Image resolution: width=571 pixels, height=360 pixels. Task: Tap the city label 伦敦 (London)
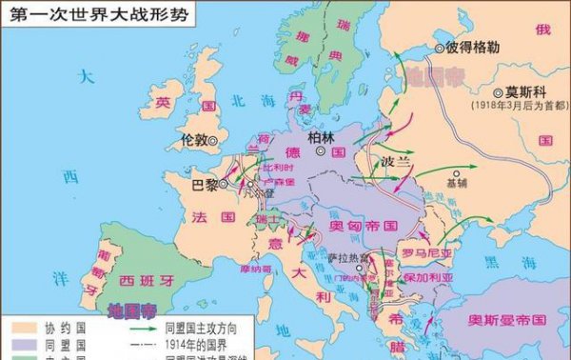pyautogui.click(x=194, y=139)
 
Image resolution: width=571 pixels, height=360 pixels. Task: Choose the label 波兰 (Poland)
pyautogui.click(x=393, y=161)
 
